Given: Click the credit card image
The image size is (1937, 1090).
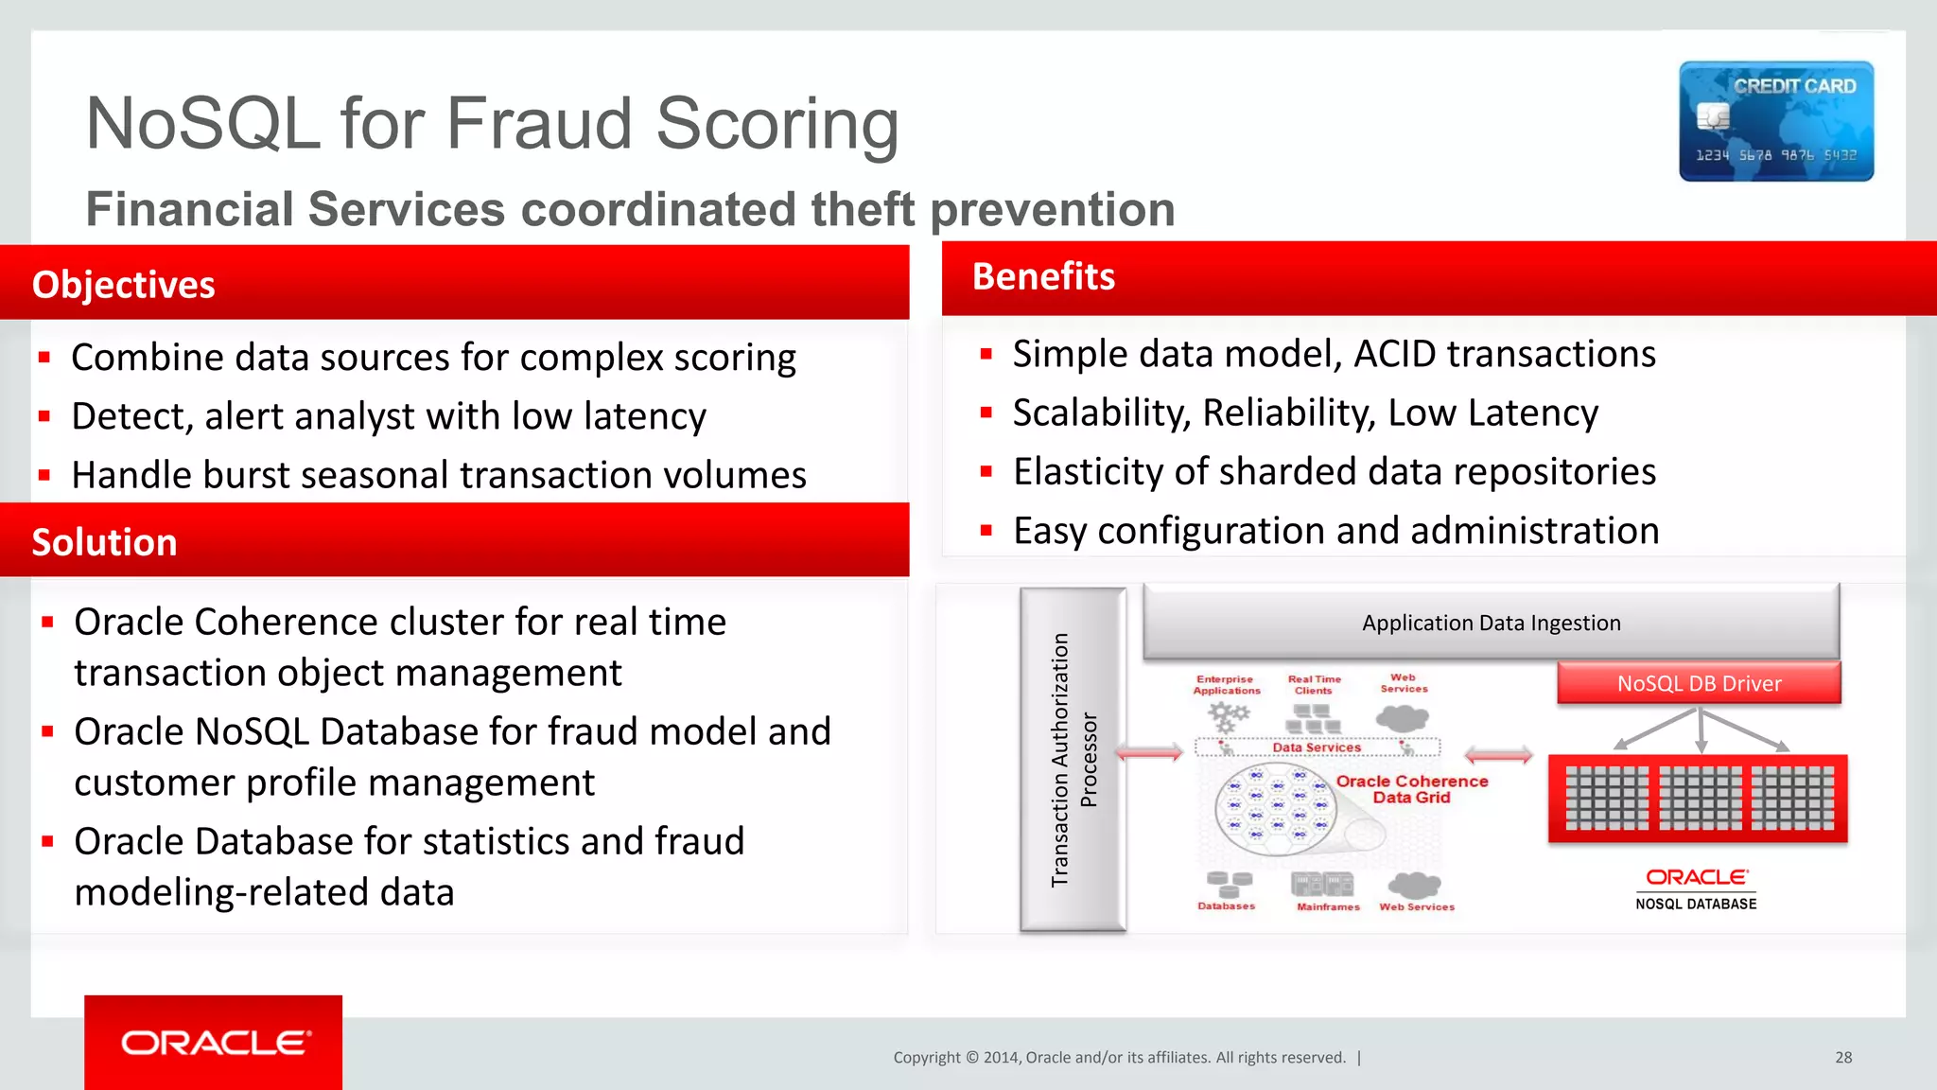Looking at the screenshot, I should point(1776,121).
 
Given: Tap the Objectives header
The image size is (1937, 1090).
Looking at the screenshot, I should point(124,285).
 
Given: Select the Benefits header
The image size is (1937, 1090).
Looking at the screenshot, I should point(1043,276).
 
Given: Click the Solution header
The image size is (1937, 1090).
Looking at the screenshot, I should point(105,542).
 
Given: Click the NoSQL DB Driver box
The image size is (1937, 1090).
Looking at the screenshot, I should point(1699,683).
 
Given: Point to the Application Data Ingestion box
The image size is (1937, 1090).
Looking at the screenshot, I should point(1491,623).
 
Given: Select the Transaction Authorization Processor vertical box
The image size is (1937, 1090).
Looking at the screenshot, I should point(1073,759).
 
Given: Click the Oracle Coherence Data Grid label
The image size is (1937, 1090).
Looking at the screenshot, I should point(1411,789).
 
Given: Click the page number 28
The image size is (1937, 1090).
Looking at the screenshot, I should point(1843,1058).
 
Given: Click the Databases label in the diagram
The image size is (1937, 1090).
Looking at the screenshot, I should point(1226,906).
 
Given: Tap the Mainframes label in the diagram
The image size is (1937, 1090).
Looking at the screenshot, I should point(1328,906).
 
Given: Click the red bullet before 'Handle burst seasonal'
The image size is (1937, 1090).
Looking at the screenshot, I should point(44,475).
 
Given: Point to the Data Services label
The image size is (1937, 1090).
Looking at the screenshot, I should point(1317,747).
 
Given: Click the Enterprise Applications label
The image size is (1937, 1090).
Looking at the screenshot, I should point(1226,685).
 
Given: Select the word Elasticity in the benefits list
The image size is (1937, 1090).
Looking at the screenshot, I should point(1087,472).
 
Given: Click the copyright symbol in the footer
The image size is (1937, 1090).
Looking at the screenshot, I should point(971,1058).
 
